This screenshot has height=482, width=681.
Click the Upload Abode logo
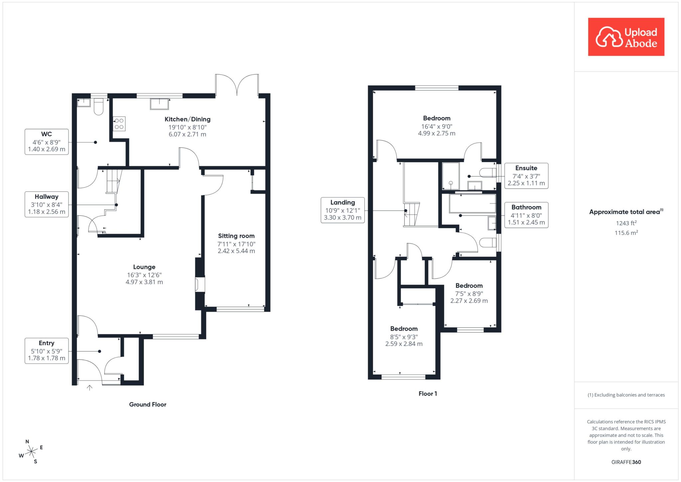(626, 37)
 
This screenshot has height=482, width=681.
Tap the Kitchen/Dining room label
(188, 119)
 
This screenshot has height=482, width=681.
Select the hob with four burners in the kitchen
(119, 123)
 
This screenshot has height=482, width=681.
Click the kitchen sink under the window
(160, 104)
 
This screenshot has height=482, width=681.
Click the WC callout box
(47, 142)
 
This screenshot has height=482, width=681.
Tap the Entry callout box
(47, 351)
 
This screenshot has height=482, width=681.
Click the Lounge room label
(144, 267)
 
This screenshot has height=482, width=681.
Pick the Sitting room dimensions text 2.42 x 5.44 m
(236, 251)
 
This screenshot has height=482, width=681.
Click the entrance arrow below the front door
(89, 388)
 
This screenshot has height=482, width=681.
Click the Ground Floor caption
(148, 404)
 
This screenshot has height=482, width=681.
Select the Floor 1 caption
(428, 394)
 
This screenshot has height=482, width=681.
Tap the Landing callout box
(342, 210)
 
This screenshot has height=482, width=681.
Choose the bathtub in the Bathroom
(473, 204)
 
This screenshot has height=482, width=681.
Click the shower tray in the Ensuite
(451, 176)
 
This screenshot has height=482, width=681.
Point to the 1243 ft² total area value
(626, 223)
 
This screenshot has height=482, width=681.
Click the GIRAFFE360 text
(626, 462)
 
